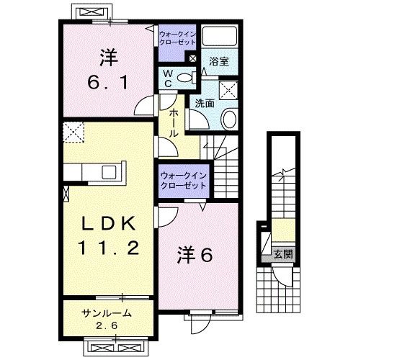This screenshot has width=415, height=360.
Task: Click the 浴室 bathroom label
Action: tap(219, 61)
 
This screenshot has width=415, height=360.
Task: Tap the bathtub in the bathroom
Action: tap(220, 36)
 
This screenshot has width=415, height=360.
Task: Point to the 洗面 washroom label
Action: tap(205, 104)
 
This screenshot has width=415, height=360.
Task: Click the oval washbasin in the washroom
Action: tap(229, 120)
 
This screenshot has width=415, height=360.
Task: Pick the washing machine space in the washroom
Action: tap(228, 90)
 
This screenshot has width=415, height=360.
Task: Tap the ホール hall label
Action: tap(174, 122)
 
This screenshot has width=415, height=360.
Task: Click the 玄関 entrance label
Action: tap(283, 254)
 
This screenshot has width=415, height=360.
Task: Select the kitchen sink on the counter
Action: tap(109, 172)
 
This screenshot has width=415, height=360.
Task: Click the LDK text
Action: tap(109, 223)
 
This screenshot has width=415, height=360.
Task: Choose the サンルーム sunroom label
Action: tap(107, 313)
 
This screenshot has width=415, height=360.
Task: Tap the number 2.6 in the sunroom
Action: tap(107, 325)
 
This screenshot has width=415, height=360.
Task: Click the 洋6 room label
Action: tap(195, 256)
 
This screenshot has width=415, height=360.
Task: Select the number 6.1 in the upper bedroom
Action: tap(108, 82)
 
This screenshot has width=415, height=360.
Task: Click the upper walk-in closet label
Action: tap(177, 38)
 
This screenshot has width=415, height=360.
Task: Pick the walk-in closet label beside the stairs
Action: tap(184, 181)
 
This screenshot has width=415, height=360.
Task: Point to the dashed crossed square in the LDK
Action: tap(73, 132)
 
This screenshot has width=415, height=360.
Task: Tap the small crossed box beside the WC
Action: tap(193, 58)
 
